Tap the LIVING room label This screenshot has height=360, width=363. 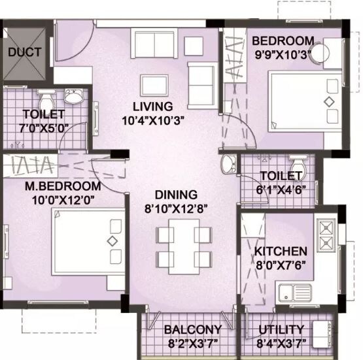coord(152,106)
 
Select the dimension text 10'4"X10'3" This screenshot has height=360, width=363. coord(152,120)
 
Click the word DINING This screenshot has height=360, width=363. coord(176,195)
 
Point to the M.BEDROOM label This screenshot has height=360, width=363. coord(58,186)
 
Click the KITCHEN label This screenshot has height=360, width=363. coord(281,251)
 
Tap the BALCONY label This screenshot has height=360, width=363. coord(192,329)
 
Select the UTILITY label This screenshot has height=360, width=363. coord(281,329)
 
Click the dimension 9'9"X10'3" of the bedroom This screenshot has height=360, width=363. coord(283,54)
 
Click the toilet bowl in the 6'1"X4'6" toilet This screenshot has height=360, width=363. coord(298,163)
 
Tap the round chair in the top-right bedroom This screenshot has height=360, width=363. coord(320,54)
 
